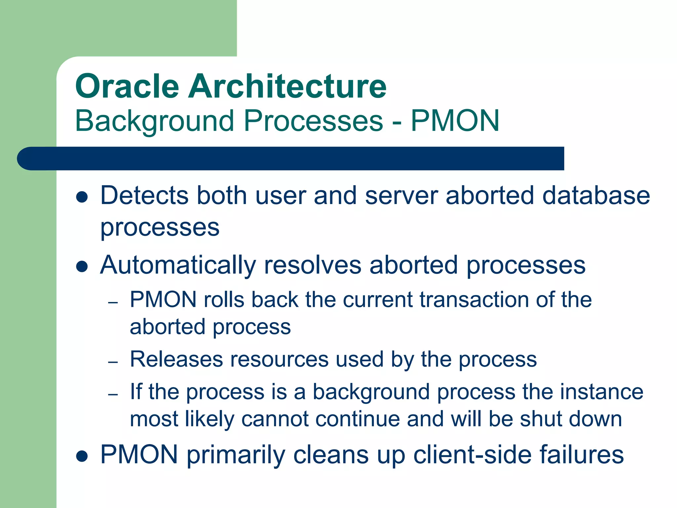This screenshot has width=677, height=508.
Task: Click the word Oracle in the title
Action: [x=127, y=87]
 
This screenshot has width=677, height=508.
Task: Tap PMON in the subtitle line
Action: [x=455, y=121]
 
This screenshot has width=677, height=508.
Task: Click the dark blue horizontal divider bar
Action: [x=291, y=158]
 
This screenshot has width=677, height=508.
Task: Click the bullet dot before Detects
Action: [x=82, y=197]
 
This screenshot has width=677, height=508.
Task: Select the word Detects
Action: [x=144, y=196]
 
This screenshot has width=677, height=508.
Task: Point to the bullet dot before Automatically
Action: [x=82, y=267]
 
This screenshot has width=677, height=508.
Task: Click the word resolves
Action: [x=313, y=266]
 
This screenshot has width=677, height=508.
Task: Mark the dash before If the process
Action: [x=113, y=395]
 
